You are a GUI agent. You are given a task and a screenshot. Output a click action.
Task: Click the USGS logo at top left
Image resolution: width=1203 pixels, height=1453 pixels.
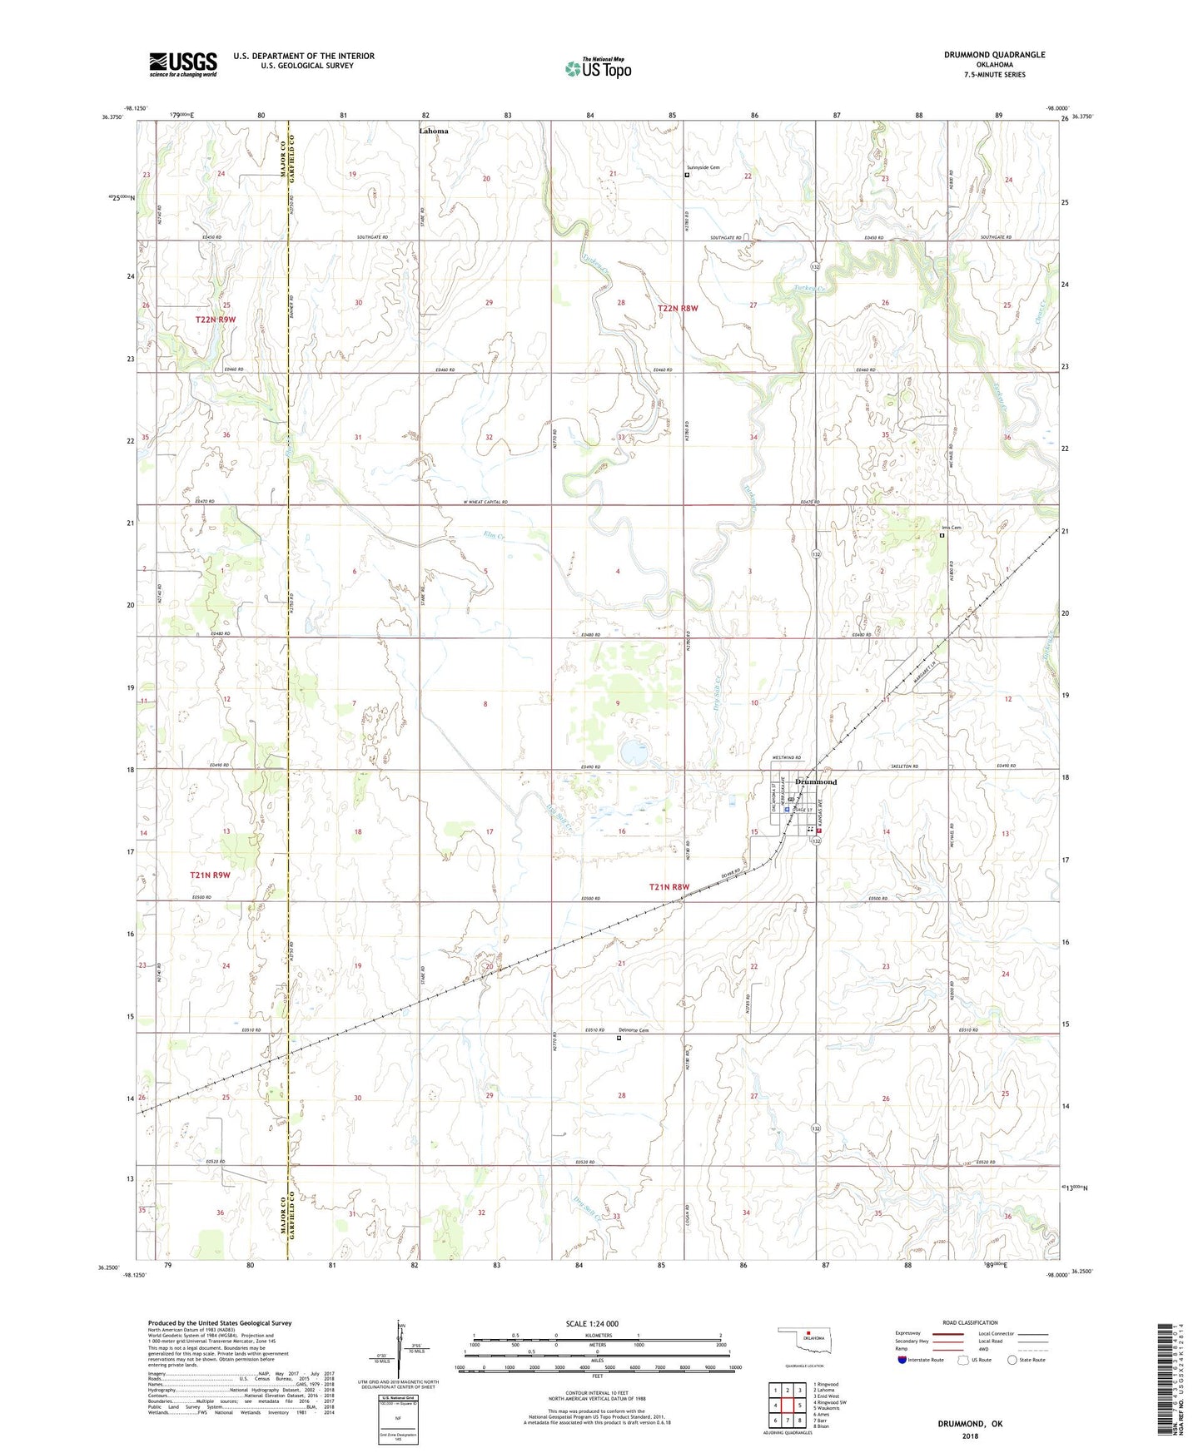click(183, 64)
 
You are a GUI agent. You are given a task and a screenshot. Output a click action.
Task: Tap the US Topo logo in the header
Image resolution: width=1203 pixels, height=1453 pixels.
click(598, 68)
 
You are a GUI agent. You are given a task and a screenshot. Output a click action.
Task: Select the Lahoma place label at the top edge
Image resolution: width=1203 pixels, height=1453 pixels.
click(433, 131)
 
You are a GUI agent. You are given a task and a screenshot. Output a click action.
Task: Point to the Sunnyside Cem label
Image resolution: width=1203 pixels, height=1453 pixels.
click(703, 167)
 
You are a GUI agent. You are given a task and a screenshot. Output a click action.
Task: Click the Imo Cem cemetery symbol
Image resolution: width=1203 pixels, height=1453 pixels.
click(942, 536)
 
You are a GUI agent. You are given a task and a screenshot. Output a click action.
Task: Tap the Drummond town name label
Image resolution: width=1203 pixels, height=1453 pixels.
click(815, 782)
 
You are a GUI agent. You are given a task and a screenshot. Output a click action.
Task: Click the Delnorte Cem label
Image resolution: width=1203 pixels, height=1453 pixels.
click(634, 1030)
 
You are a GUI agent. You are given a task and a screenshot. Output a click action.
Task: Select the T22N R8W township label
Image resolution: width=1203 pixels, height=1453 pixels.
click(678, 308)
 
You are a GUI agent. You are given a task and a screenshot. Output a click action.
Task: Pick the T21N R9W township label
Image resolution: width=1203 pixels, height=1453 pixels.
click(210, 875)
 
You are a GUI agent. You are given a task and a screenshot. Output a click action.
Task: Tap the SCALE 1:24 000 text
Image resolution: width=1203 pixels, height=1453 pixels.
click(592, 1323)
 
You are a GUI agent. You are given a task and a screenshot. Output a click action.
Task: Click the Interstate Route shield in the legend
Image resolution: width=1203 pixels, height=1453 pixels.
click(903, 1360)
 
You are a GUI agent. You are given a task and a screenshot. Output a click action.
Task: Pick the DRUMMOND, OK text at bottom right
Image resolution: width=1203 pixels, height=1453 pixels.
click(970, 1424)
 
